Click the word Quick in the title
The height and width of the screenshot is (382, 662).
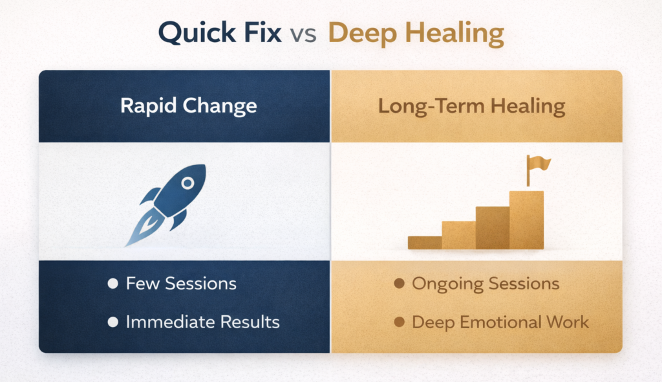click(197, 33)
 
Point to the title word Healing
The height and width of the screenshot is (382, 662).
click(454, 34)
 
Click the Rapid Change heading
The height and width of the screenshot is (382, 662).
click(188, 106)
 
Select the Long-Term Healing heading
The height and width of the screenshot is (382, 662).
click(471, 106)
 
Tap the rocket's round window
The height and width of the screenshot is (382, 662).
click(188, 183)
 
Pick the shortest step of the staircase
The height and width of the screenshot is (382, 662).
click(425, 242)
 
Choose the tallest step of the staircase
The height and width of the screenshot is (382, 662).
click(526, 220)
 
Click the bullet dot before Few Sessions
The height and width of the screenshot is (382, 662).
click(112, 284)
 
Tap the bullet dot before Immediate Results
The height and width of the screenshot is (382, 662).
click(112, 322)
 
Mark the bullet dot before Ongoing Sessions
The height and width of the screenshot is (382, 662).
click(399, 284)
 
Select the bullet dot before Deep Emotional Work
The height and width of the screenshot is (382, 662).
click(399, 322)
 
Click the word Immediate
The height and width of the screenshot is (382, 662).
click(171, 322)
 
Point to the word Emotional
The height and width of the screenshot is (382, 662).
click(501, 322)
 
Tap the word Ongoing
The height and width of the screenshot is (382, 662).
click(447, 284)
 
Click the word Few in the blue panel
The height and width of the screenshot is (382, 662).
click(143, 284)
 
